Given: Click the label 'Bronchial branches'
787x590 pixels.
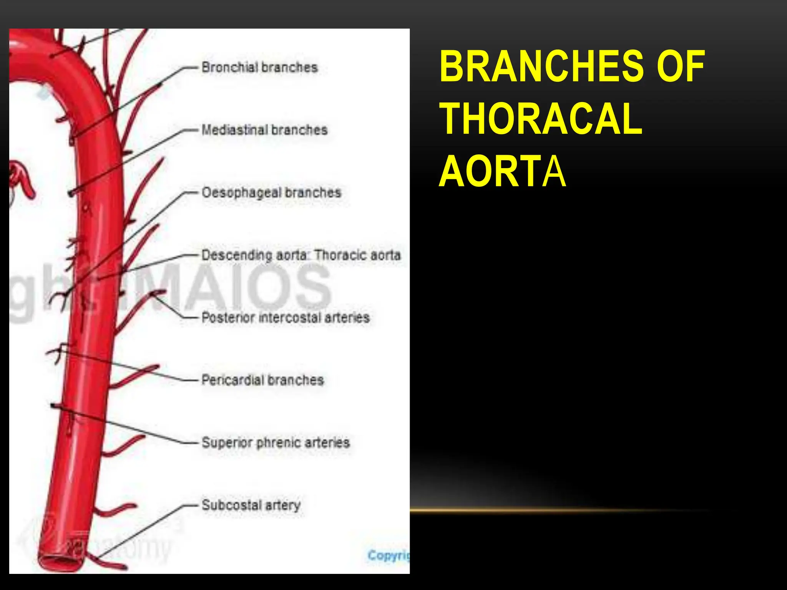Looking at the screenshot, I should coord(260,68).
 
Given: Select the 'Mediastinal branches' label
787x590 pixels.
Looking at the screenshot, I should coord(265,130).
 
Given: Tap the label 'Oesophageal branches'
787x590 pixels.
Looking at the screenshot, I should coord(271,192).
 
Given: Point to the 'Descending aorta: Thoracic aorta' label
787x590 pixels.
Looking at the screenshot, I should coord(301,255).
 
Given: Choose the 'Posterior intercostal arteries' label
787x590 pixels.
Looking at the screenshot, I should coord(286,318).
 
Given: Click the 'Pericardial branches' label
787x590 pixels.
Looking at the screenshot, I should coord(263,380).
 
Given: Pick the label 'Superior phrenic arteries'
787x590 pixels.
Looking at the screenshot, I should coord(276,443).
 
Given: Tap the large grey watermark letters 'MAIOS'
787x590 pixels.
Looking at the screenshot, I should coord(246,286).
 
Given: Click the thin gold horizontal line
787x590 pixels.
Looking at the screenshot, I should coord(557,511).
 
